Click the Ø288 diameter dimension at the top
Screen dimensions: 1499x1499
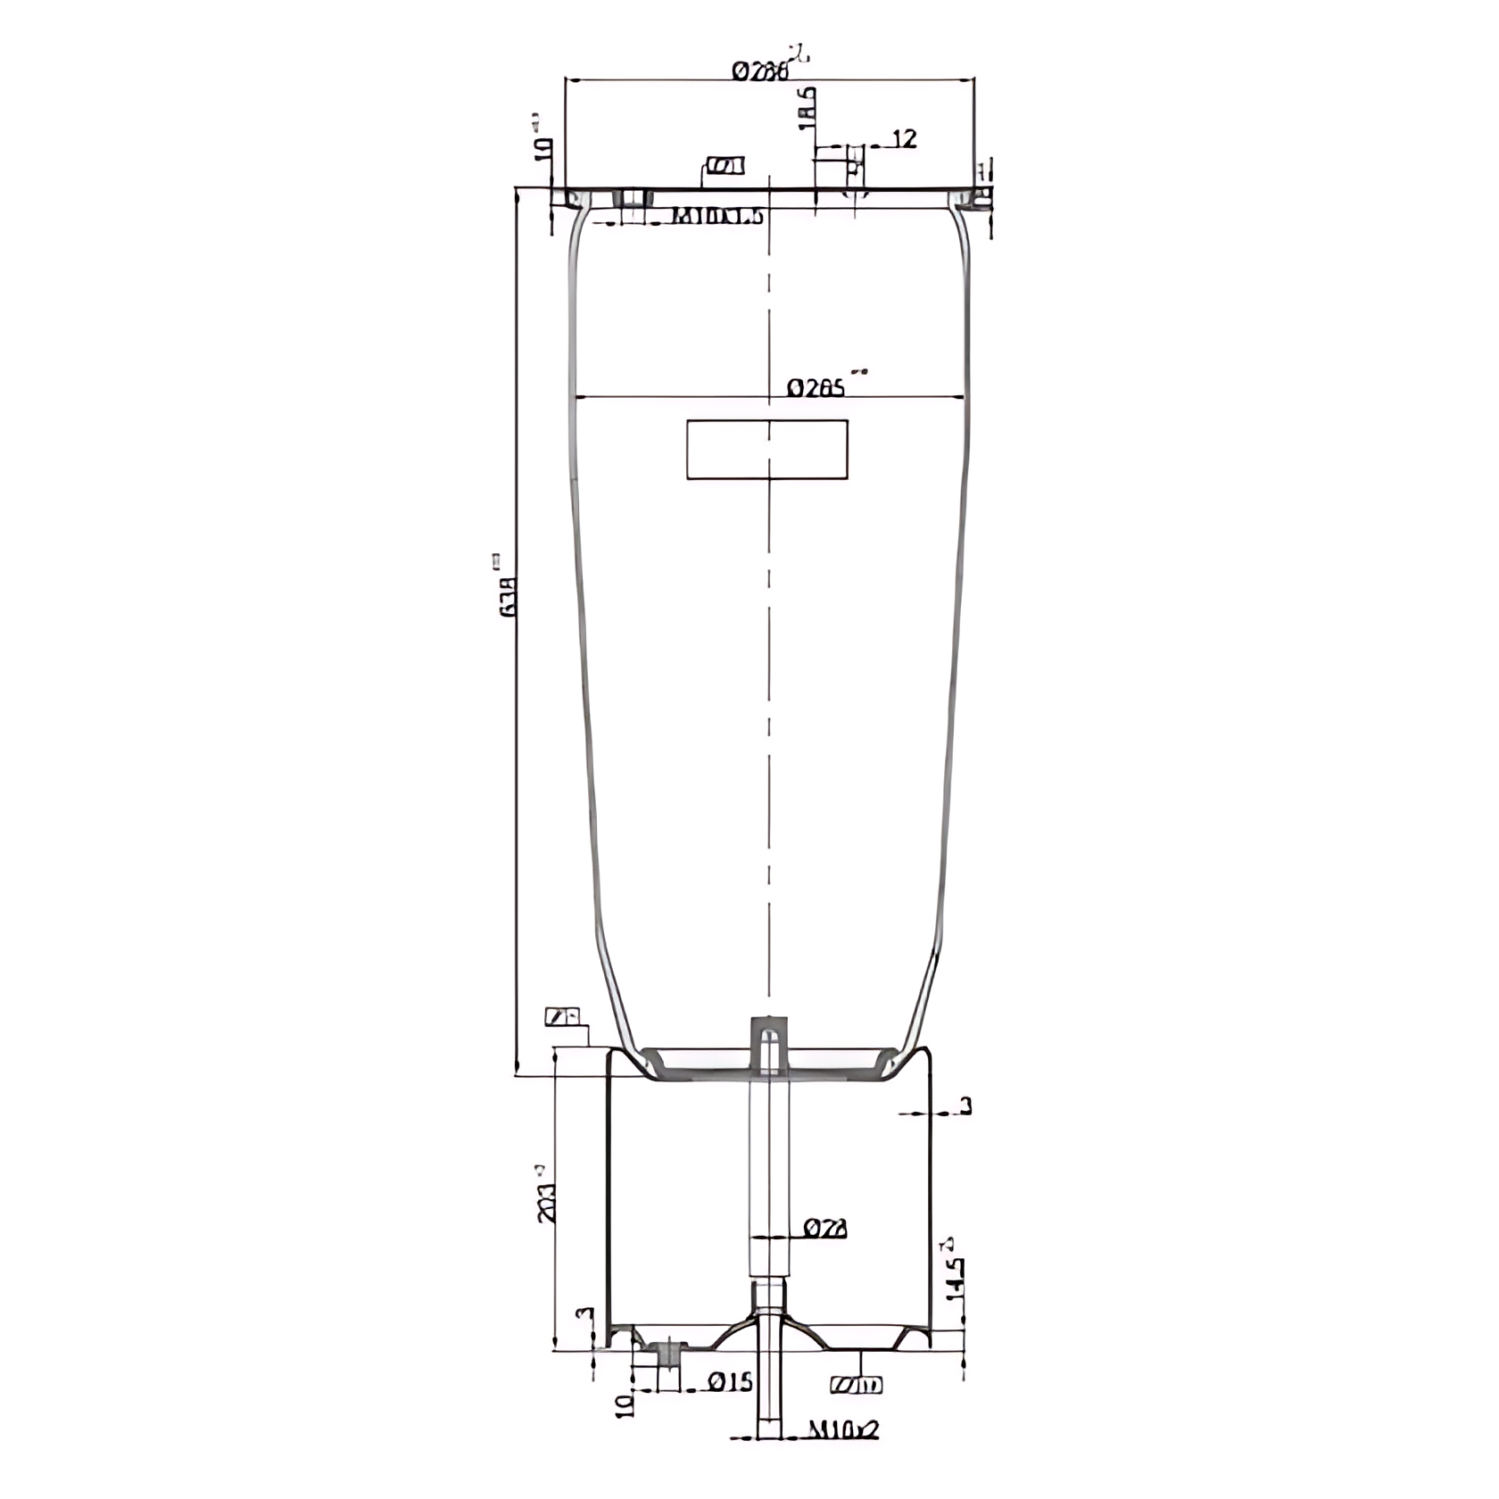(761, 70)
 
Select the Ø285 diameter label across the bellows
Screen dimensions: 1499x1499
(816, 388)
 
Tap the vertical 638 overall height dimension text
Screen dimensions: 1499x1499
(508, 597)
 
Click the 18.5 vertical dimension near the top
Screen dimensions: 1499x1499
(806, 108)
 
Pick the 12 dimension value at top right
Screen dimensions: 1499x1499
(904, 138)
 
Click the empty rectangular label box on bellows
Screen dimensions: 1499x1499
(766, 450)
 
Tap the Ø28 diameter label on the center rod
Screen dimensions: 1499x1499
(824, 1229)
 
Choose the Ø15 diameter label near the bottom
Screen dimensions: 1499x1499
(731, 1382)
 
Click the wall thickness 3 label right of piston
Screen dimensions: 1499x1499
(965, 1107)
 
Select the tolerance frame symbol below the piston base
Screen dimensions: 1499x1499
(857, 1385)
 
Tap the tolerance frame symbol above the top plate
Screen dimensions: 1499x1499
(725, 166)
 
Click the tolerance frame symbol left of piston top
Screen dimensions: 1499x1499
(562, 1016)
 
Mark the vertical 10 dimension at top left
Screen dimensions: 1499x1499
(542, 148)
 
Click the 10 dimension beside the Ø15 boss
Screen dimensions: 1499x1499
(625, 1406)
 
